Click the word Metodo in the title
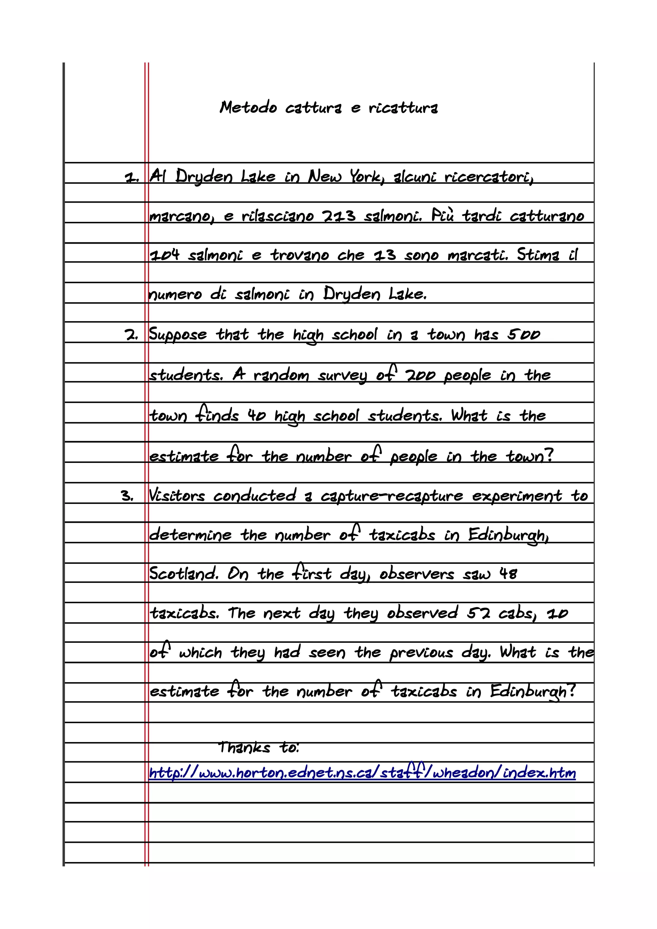(248, 108)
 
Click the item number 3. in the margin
(127, 496)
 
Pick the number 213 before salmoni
(339, 216)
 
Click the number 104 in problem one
(164, 255)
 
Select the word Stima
(538, 255)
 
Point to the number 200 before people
(421, 375)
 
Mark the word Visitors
(177, 496)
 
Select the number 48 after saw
(508, 573)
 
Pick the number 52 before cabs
(479, 613)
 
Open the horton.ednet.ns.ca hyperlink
(362, 773)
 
